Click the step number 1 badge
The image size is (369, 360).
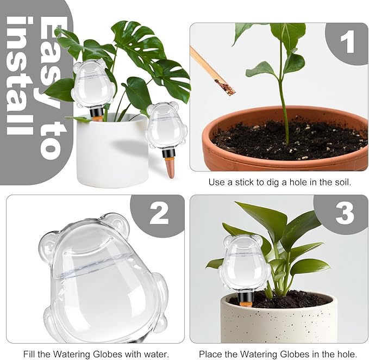(347, 42)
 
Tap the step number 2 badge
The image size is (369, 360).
(159, 213)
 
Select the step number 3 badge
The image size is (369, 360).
(345, 213)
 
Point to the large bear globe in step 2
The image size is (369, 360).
(103, 277)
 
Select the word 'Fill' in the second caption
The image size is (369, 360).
(30, 354)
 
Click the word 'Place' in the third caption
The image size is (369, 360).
(210, 354)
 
